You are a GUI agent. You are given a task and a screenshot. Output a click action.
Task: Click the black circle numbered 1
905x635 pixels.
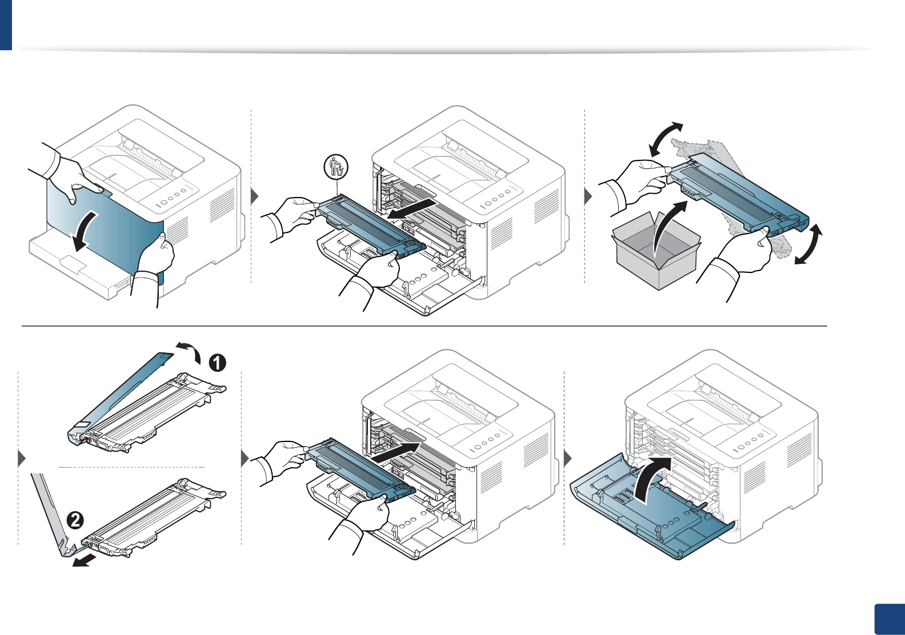[x=217, y=363]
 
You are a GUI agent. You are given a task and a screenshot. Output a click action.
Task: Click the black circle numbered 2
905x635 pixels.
[x=75, y=520]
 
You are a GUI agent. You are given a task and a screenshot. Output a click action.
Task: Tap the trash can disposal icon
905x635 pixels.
[x=336, y=166]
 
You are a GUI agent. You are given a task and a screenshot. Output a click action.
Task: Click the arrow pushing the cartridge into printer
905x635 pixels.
[x=397, y=451]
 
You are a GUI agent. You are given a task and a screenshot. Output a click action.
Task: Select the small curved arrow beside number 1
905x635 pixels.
[x=189, y=349]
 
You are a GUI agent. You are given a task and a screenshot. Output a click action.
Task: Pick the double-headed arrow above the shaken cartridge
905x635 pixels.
[x=666, y=139]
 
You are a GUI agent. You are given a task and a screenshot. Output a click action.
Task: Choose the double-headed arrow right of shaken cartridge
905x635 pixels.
[x=809, y=246]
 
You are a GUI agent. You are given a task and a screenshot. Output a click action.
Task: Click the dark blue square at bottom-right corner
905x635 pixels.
[x=890, y=620]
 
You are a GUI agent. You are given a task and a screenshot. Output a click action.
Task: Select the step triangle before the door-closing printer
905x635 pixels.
[x=568, y=459]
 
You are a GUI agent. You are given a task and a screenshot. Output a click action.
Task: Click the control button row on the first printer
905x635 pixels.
[x=174, y=198]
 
